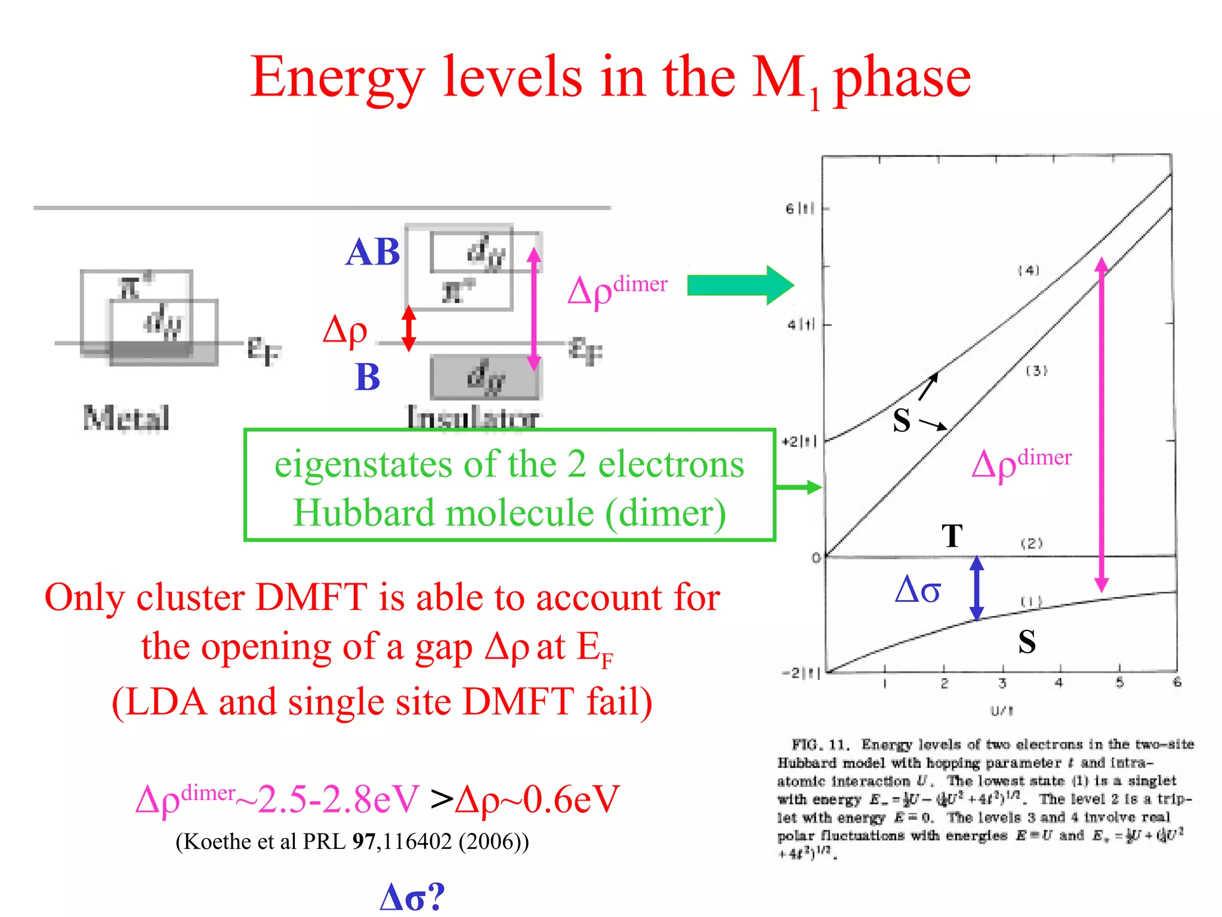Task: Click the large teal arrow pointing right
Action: [740, 285]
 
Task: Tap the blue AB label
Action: [372, 252]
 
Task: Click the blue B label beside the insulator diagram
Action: [367, 377]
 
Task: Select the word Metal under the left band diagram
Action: [126, 418]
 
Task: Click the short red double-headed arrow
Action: [409, 328]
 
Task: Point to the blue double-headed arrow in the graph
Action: [976, 588]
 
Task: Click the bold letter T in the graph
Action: [952, 536]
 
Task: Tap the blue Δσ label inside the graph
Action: [918, 590]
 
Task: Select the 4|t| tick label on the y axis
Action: [800, 325]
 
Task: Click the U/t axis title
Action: [1002, 710]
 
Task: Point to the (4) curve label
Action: [1029, 270]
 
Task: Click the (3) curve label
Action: [1036, 371]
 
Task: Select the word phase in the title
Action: [902, 78]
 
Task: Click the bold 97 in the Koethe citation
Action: [363, 841]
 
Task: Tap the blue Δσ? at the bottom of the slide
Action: [412, 896]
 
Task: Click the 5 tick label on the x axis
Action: [1119, 682]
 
